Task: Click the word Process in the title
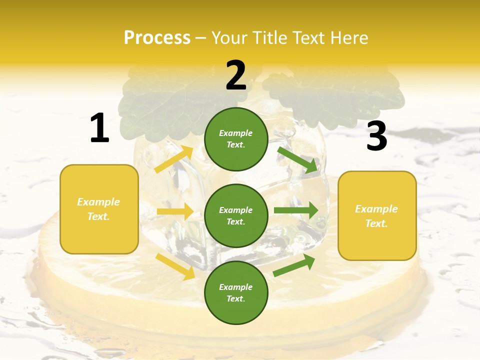tap(157, 37)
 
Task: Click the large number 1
tap(99, 128)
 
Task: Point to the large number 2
tap(236, 75)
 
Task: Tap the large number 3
tap(376, 136)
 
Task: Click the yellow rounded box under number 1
tap(99, 209)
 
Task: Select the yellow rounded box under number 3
tap(377, 216)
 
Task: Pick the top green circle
tap(236, 139)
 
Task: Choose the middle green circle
tap(236, 215)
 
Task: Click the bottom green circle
tap(236, 292)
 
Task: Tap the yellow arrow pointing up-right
tap(173, 159)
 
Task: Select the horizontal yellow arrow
tap(175, 211)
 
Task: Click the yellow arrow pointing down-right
tap(175, 266)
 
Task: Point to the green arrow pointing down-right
tap(298, 159)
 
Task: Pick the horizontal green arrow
tap(296, 210)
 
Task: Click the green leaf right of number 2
tap(330, 92)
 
